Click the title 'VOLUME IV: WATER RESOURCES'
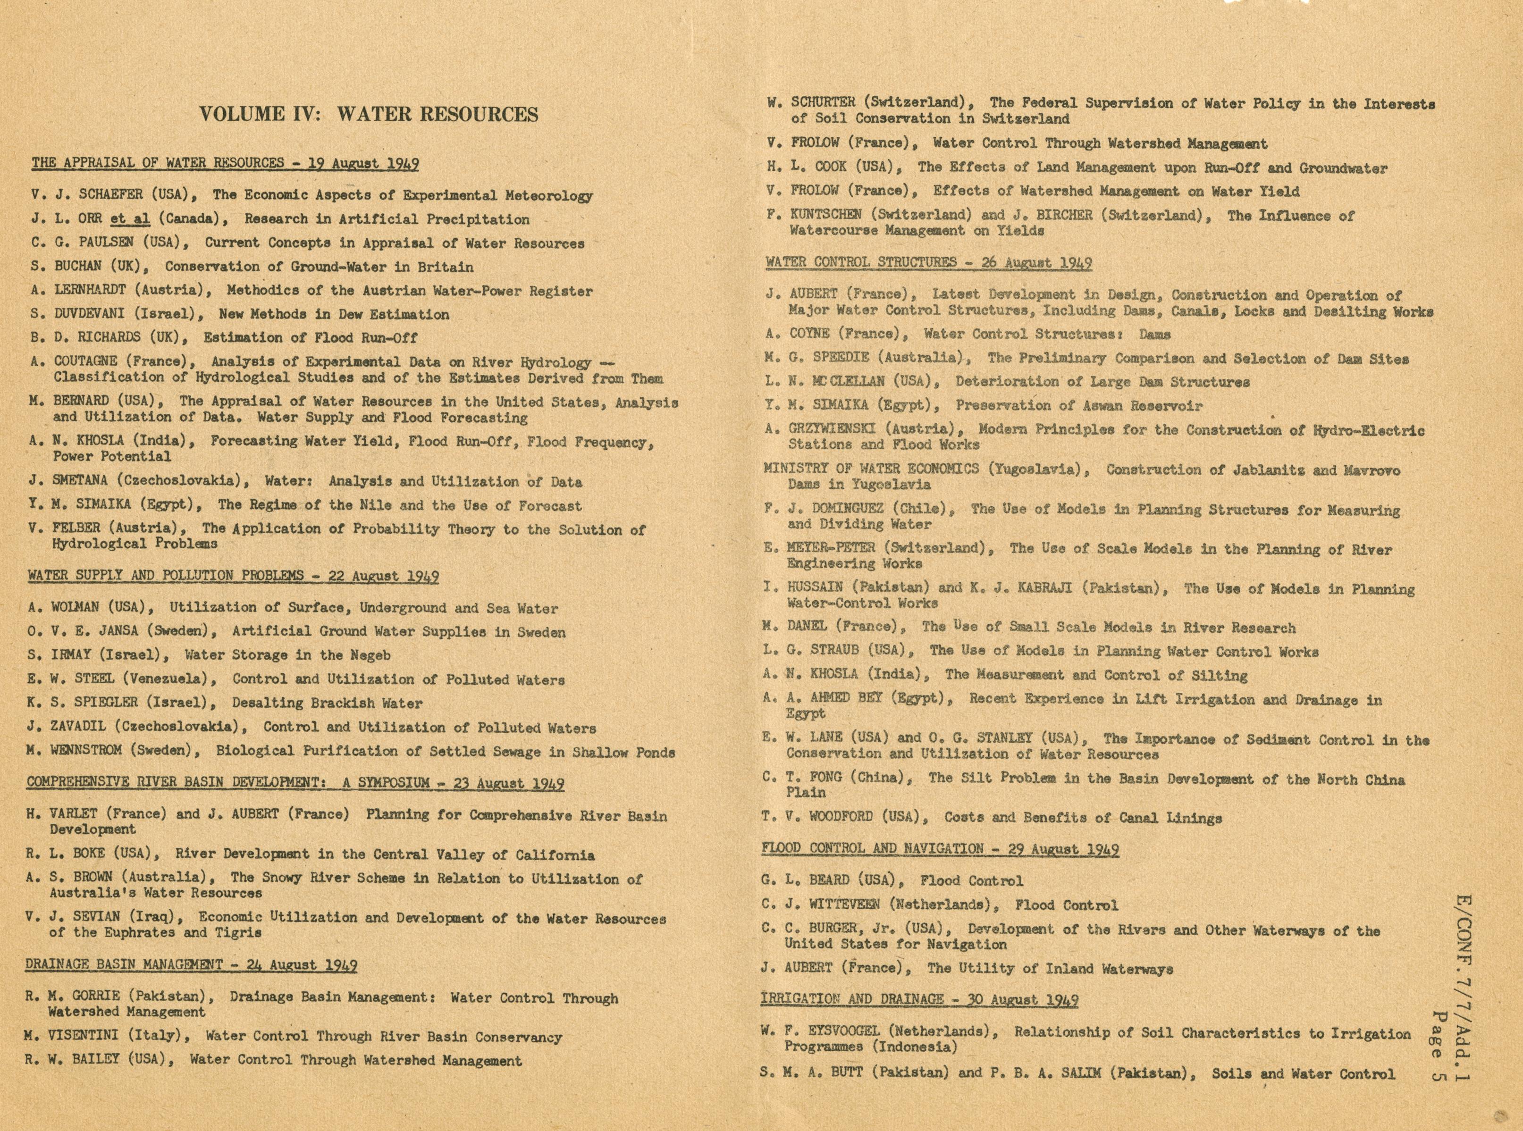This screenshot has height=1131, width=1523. coord(369,114)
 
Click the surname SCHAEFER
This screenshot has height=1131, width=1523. coord(111,194)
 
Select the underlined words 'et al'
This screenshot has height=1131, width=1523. coord(130,219)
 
